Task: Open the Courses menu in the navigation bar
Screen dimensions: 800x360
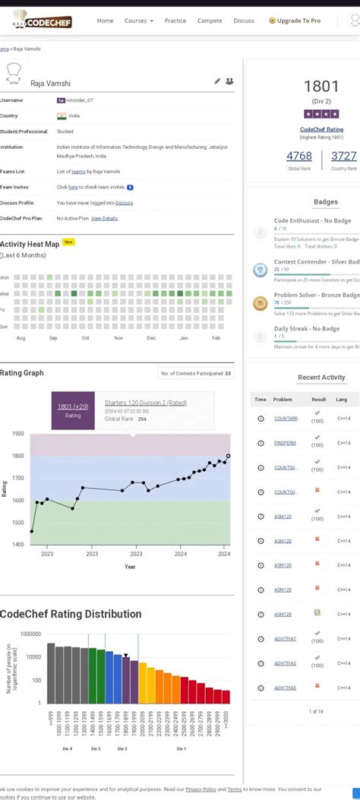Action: pos(138,21)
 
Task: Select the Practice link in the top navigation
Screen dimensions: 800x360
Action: pos(175,21)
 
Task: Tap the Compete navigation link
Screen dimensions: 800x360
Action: pos(210,21)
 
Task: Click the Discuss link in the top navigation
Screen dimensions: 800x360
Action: pos(244,21)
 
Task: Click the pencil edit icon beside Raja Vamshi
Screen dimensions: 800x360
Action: pos(217,81)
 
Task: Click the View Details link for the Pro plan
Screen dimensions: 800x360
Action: pos(104,218)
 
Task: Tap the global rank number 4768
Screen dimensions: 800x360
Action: pos(298,156)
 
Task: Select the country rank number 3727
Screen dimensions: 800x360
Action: pos(343,156)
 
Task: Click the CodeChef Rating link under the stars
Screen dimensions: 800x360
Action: pos(321,130)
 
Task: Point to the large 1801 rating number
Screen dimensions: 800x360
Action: pos(321,87)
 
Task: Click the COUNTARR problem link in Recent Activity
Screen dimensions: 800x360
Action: pos(286,419)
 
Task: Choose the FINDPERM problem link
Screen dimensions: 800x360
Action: pos(286,443)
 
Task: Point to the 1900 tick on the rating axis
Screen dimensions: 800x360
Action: pos(17,434)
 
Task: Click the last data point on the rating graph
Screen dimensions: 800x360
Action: pos(229,457)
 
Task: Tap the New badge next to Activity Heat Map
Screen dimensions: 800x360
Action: pos(68,242)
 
